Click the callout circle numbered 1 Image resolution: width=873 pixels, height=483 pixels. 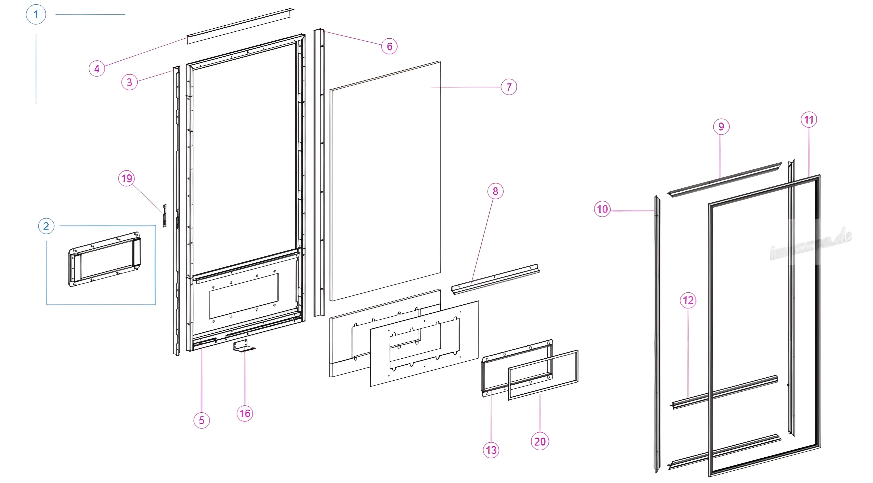36,14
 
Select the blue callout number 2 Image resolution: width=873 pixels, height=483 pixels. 46,226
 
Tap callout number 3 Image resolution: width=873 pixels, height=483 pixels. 129,82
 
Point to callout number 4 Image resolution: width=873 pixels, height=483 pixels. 97,68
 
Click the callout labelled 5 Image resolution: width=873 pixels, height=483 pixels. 202,420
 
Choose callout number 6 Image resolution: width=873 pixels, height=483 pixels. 389,47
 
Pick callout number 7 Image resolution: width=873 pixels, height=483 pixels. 509,87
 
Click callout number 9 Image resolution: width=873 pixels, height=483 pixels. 721,127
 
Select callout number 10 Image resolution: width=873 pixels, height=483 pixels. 602,209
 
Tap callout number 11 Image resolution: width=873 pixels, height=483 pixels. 809,120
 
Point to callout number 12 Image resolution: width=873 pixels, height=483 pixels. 688,300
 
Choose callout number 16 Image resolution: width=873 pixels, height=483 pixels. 245,413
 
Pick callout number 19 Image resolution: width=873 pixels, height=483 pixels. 126,178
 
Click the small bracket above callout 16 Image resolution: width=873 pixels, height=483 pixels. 243,346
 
